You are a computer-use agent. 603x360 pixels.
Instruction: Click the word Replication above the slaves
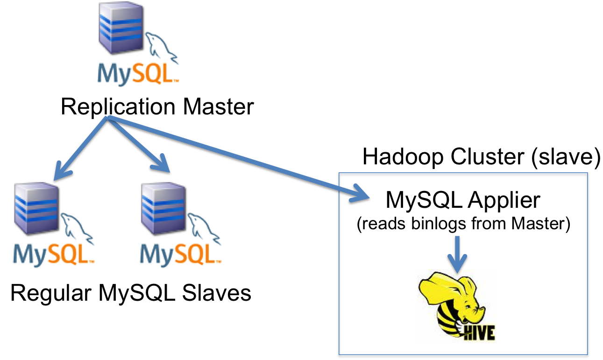tap(119, 107)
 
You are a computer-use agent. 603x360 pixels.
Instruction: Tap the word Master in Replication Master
tap(218, 107)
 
